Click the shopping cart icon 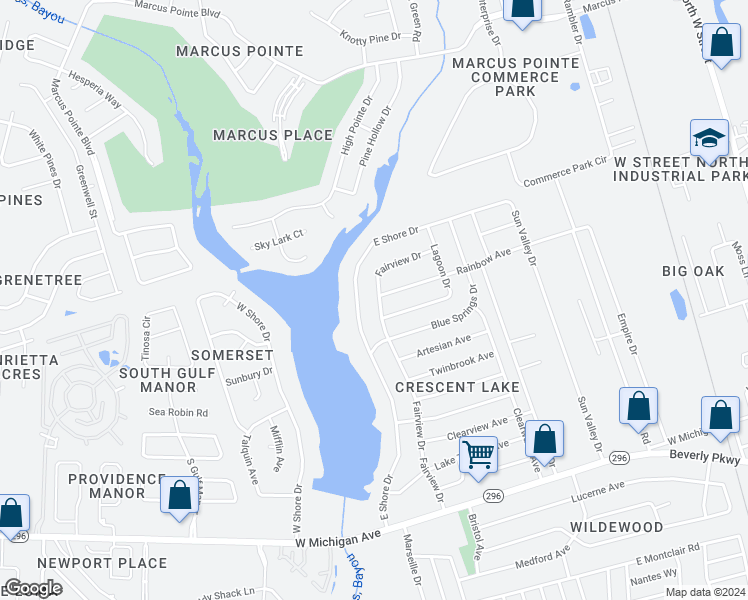click(x=479, y=455)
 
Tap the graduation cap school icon click(x=709, y=140)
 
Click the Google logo click(x=33, y=588)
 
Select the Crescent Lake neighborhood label click(x=457, y=387)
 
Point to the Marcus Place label click(x=272, y=135)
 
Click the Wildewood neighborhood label click(x=617, y=527)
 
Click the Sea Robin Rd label click(x=178, y=412)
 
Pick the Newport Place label click(x=119, y=563)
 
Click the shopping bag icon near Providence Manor click(x=180, y=497)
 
